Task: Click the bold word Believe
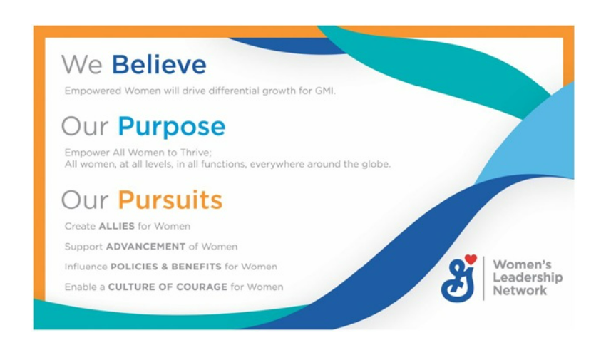tap(158, 65)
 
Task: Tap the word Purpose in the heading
tap(171, 127)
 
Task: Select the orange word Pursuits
tap(170, 200)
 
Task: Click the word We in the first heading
tap(82, 65)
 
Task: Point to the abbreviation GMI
tap(324, 91)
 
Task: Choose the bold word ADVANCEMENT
tap(145, 247)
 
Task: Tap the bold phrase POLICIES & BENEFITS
tap(165, 267)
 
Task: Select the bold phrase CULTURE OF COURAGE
tap(168, 287)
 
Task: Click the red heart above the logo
tap(470, 259)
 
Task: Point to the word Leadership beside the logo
tap(528, 277)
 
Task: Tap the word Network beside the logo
tap(520, 290)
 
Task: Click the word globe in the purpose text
tap(377, 165)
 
